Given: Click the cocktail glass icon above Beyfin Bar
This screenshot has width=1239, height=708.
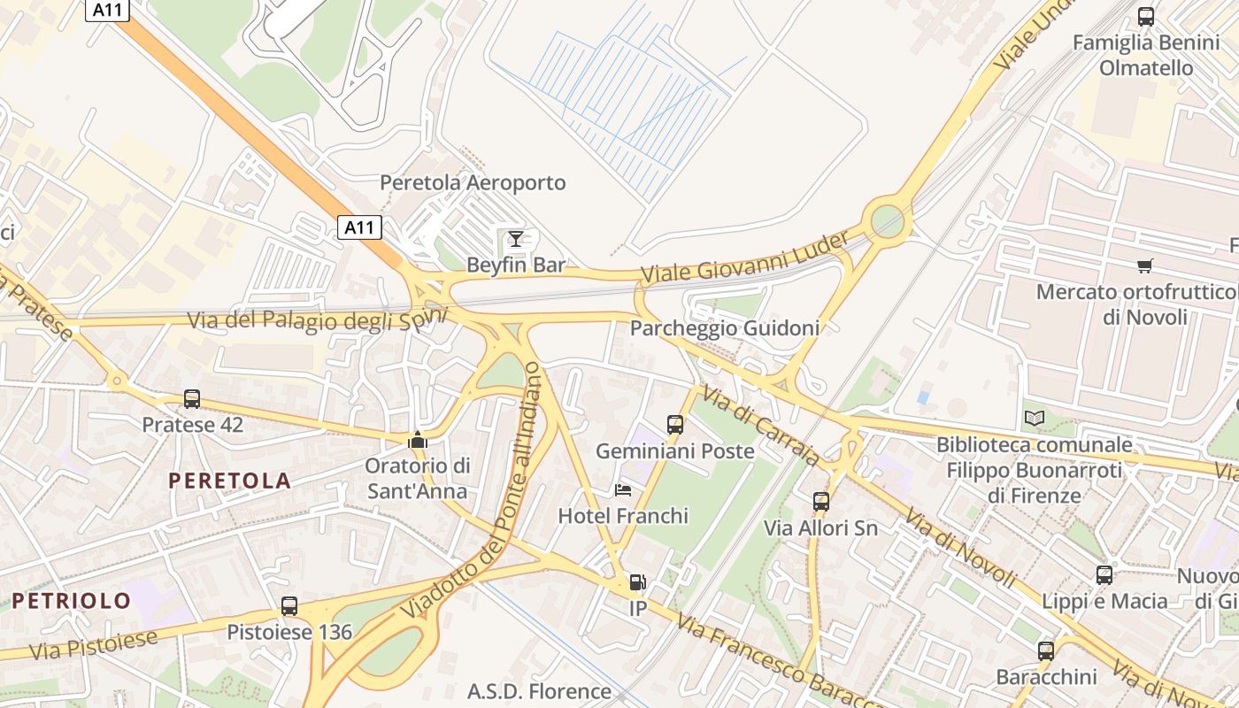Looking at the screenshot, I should pyautogui.click(x=516, y=238).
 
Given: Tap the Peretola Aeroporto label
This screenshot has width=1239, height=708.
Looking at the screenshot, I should pyautogui.click(x=473, y=183).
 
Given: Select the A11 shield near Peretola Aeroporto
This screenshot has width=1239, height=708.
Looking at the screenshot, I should pyautogui.click(x=359, y=227).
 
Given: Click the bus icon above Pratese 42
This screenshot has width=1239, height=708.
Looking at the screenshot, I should pyautogui.click(x=192, y=399).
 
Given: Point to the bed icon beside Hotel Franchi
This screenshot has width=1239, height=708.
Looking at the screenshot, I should pyautogui.click(x=623, y=490).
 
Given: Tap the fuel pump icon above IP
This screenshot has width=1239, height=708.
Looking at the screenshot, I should pyautogui.click(x=637, y=582).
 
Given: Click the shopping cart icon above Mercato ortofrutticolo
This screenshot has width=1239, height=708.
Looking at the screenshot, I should pyautogui.click(x=1145, y=265).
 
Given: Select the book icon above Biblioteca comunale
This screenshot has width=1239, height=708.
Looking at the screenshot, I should pyautogui.click(x=1034, y=418).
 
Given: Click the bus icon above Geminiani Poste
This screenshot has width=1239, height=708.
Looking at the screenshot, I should pyautogui.click(x=675, y=425).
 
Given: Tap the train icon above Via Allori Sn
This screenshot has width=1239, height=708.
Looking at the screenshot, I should pyautogui.click(x=821, y=502).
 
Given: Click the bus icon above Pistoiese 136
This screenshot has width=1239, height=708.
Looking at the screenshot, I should pyautogui.click(x=289, y=606).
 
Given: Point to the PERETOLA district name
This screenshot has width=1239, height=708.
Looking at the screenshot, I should pyautogui.click(x=229, y=481).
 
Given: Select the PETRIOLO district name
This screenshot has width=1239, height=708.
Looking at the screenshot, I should pyautogui.click(x=72, y=601).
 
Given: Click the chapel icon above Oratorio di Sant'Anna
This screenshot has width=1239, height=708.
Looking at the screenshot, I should pyautogui.click(x=418, y=440).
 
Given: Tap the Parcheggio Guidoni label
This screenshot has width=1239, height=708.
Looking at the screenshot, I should pyautogui.click(x=724, y=328).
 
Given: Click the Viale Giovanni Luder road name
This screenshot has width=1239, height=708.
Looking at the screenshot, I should pyautogui.click(x=744, y=258).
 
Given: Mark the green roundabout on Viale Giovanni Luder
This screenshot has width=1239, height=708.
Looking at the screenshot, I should pyautogui.click(x=888, y=220).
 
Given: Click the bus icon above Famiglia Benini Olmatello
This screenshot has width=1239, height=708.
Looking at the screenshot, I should pyautogui.click(x=1146, y=16).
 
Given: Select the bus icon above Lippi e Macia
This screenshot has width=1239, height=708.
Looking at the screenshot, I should pyautogui.click(x=1104, y=575).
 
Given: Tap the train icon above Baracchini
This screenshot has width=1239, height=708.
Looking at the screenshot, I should pyautogui.click(x=1046, y=651).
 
